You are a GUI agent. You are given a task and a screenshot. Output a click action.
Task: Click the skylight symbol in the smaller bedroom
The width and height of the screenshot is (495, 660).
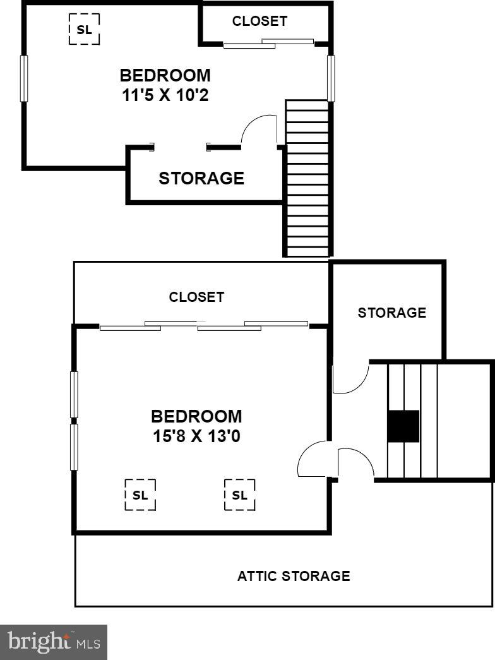[84, 29]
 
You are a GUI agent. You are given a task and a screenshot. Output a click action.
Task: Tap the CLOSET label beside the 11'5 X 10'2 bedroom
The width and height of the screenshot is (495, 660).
[259, 21]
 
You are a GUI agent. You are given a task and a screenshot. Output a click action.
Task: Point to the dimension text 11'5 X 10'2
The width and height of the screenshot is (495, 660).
[165, 96]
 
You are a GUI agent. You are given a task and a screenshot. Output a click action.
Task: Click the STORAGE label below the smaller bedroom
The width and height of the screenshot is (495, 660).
[201, 178]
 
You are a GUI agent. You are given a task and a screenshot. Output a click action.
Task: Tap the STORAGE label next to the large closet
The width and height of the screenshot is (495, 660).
[391, 313]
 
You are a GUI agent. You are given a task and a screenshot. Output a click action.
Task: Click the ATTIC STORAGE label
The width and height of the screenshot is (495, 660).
[294, 576]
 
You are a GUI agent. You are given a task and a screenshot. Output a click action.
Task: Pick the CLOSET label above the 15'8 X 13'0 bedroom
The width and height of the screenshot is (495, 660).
[196, 297]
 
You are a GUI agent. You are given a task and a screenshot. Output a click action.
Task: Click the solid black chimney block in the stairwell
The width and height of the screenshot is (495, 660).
[403, 426]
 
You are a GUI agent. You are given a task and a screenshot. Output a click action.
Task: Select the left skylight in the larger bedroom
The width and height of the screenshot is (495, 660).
[140, 495]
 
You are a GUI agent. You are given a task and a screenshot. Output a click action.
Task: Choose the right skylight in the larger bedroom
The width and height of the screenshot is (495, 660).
[240, 495]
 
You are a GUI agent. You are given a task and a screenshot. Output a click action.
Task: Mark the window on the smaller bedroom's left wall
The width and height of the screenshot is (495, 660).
[24, 78]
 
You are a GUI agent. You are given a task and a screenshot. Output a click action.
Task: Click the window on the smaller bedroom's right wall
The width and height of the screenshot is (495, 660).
[330, 78]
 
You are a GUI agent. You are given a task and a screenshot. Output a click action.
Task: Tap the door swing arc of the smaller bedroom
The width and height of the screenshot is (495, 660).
[259, 130]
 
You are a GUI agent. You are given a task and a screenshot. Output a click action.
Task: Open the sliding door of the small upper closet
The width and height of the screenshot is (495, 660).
[268, 44]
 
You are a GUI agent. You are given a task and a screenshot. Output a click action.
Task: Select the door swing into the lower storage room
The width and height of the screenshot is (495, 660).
[350, 379]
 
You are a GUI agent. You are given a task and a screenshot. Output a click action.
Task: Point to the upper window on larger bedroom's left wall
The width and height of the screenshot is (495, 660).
[74, 395]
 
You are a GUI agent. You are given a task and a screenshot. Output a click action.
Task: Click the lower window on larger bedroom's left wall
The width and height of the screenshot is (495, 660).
[74, 447]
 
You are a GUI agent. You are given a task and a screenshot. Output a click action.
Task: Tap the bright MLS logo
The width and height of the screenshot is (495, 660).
[54, 642]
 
